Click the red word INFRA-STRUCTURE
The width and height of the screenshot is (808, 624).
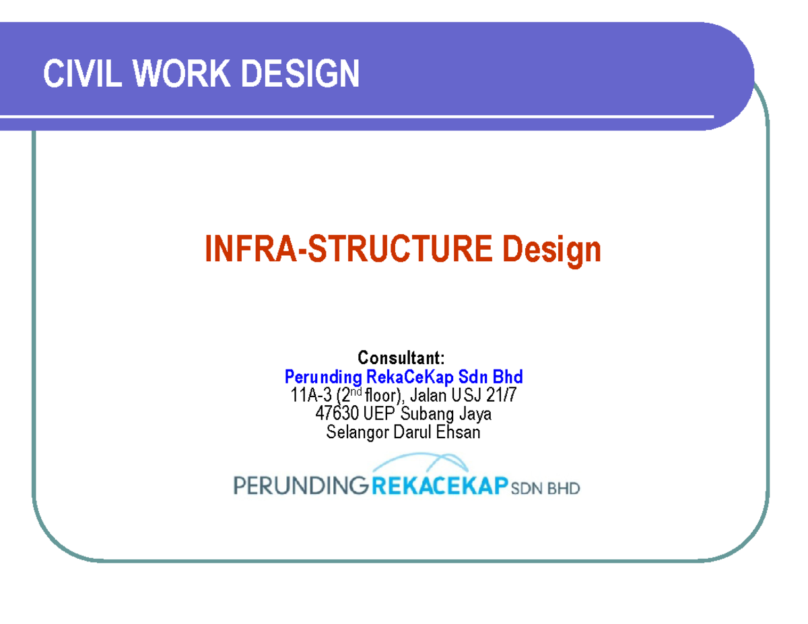(x=347, y=250)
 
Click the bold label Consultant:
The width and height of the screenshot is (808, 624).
(x=401, y=357)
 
